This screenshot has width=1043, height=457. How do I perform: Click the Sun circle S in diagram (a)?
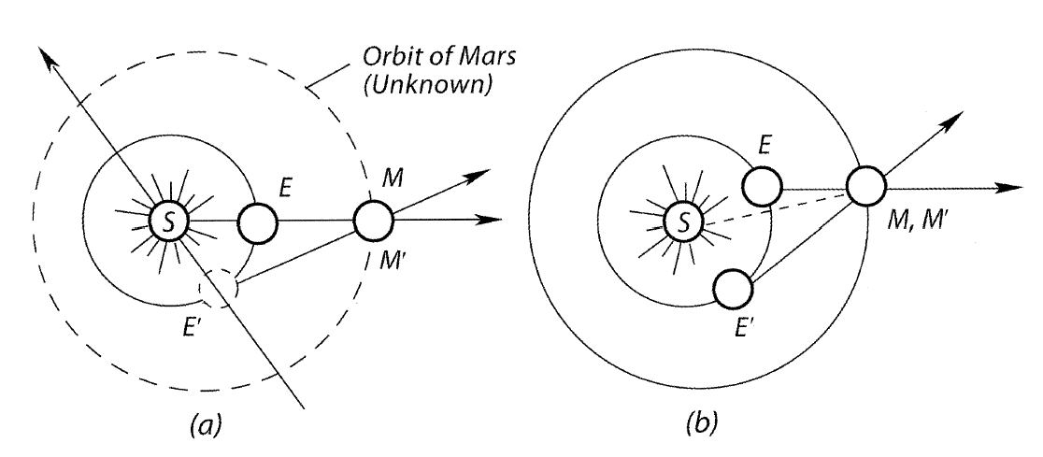point(169,221)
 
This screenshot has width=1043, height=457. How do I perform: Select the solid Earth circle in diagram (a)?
point(258,221)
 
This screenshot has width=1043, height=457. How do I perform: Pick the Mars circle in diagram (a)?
point(373,221)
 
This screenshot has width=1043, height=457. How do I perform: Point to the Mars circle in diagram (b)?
point(866,186)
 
